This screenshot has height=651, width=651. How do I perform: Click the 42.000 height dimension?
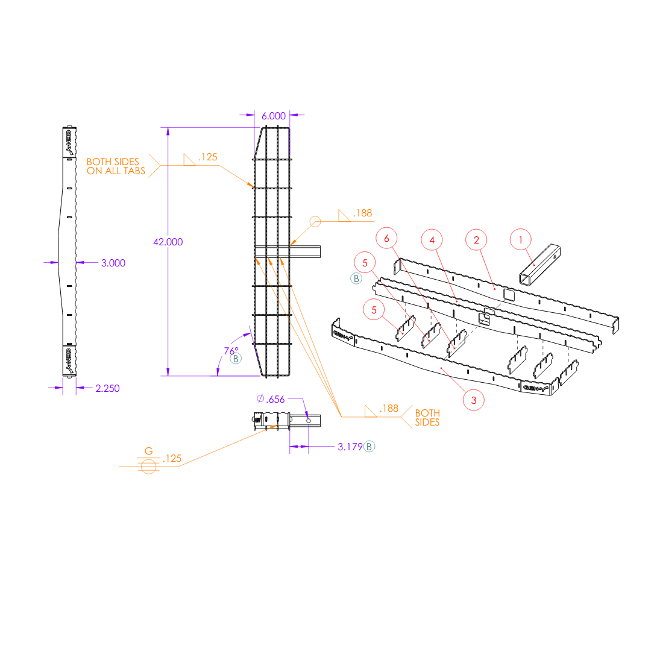168,242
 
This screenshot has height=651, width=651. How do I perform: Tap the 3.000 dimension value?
113,263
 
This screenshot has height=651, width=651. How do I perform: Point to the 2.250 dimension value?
107,388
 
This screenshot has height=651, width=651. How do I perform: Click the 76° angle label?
231,350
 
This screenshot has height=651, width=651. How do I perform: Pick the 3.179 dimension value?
350,447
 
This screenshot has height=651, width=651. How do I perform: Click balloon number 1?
520,240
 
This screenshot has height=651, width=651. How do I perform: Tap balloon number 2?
476,240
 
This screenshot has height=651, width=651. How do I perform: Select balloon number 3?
474,400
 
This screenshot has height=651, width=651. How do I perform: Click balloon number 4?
432,240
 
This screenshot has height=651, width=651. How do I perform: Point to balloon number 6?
386,239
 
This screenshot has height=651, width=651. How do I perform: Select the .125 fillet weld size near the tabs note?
208,157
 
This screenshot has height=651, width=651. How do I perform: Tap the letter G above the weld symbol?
148,451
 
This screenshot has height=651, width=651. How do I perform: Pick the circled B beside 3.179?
370,447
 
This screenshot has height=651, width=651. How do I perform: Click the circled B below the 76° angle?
236,359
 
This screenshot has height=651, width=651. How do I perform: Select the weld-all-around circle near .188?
315,222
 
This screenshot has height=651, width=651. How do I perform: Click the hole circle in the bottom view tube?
308,420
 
